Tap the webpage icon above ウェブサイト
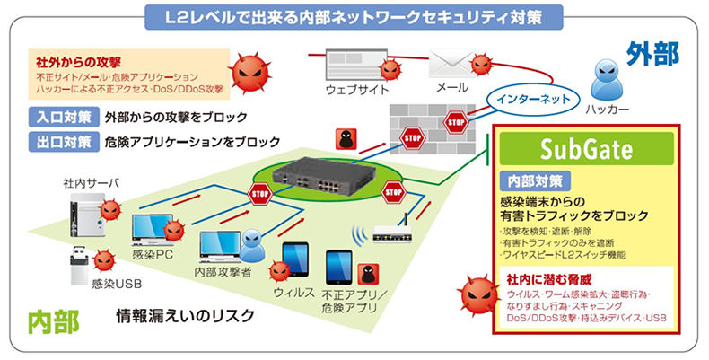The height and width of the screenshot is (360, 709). click(x=354, y=63)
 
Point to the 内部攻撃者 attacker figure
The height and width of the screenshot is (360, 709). click(x=255, y=240)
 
